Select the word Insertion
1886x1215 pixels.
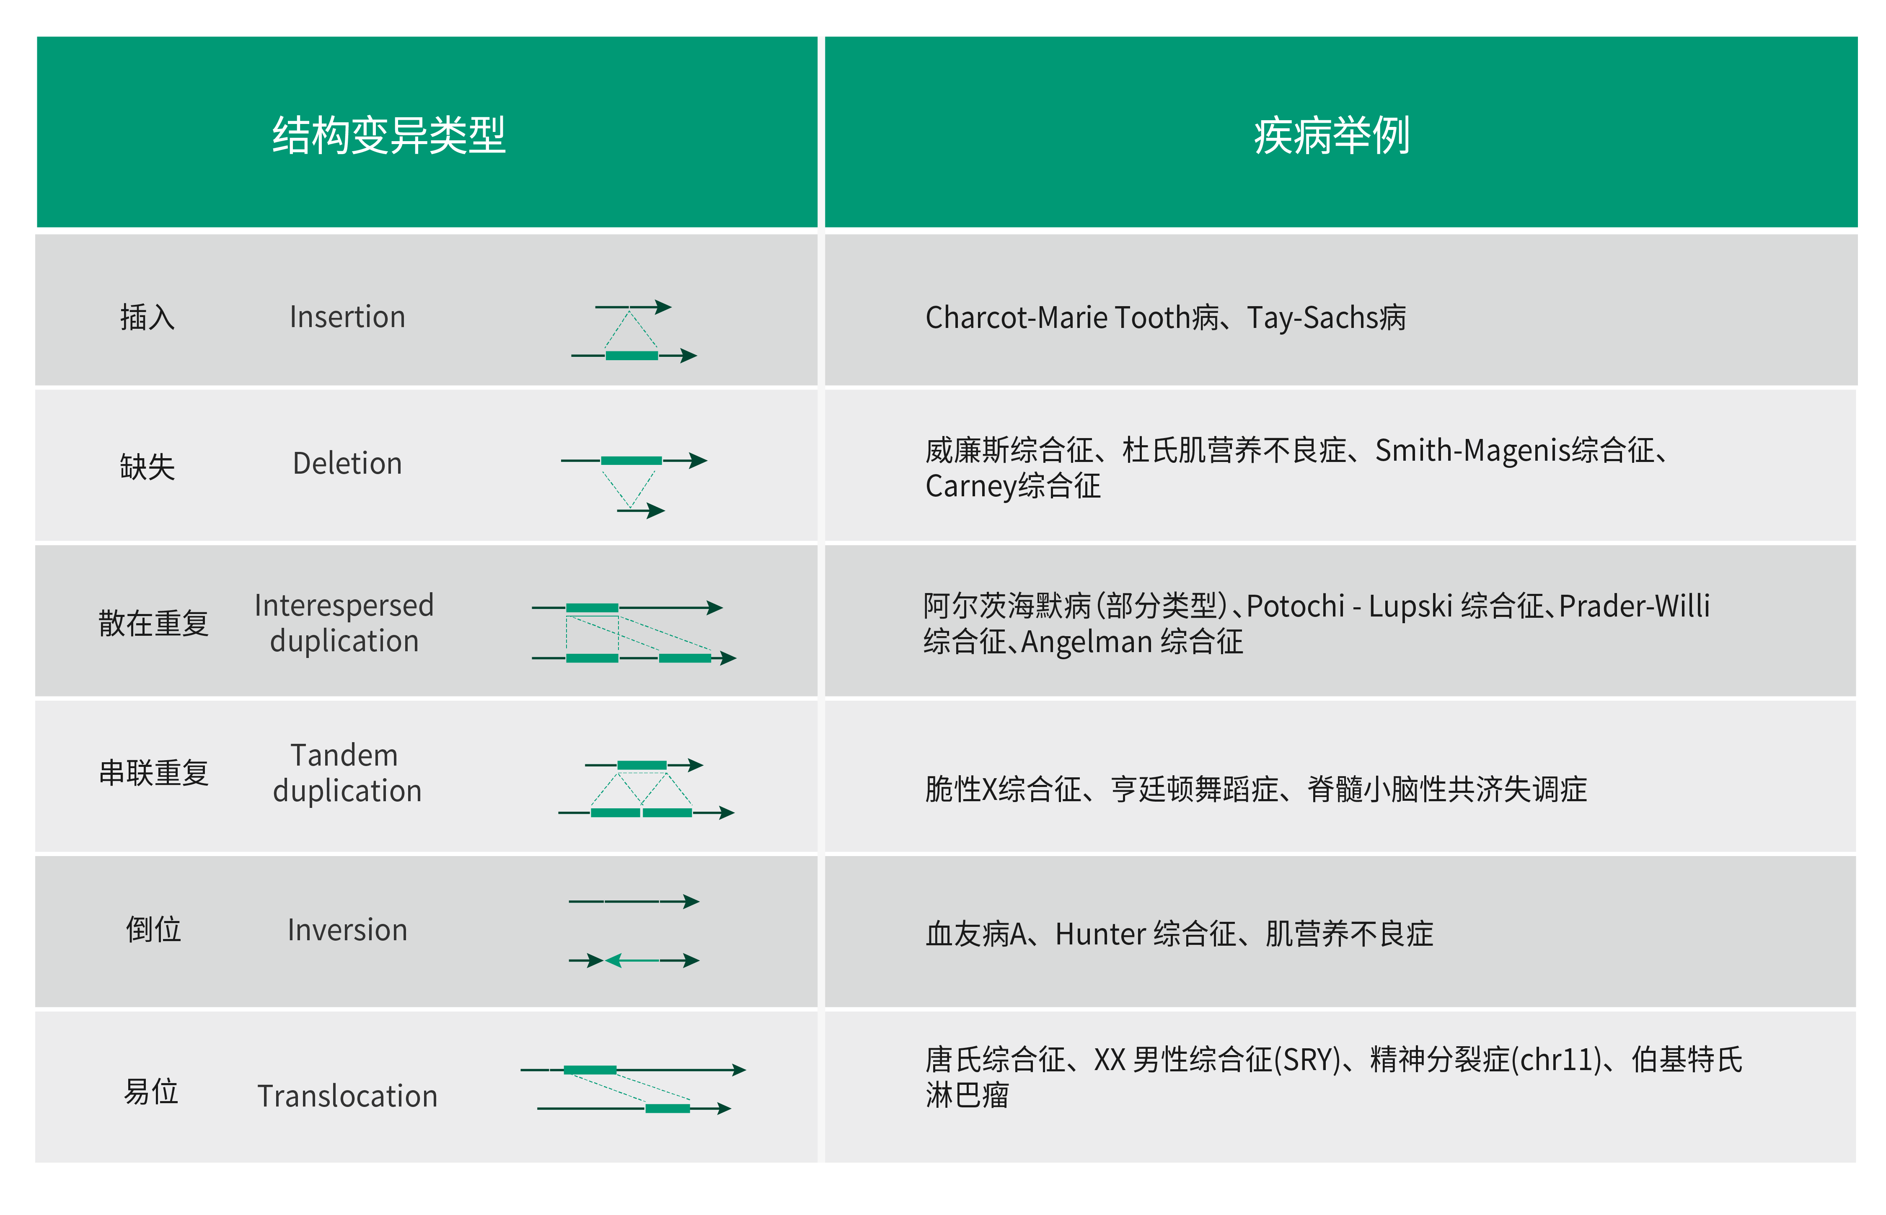tap(347, 316)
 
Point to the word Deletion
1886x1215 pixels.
tap(347, 463)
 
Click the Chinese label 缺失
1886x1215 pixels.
tap(147, 466)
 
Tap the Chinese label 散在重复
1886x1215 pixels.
tap(154, 623)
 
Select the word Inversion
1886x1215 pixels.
tap(347, 929)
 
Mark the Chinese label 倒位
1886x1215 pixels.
tap(154, 929)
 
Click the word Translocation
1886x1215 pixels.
tap(347, 1096)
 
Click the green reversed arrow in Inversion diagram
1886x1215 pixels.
tap(632, 960)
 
